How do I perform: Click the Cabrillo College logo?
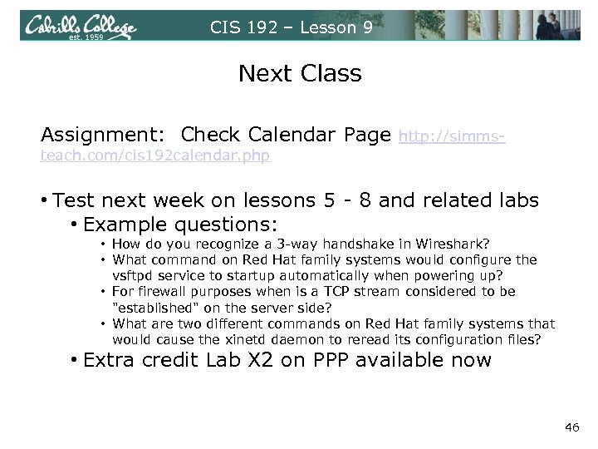pyautogui.click(x=81, y=27)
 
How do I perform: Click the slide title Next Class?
pyautogui.click(x=300, y=74)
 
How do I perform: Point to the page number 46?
pyautogui.click(x=571, y=427)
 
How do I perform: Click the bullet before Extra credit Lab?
pyautogui.click(x=75, y=361)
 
